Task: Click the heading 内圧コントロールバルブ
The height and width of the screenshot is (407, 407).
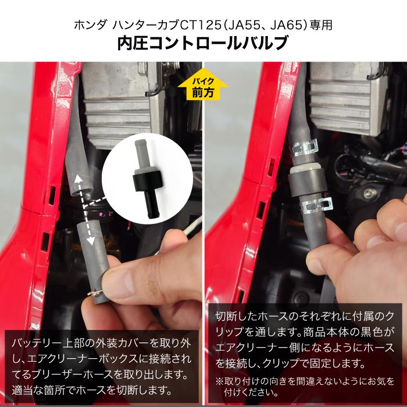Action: click(203, 44)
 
